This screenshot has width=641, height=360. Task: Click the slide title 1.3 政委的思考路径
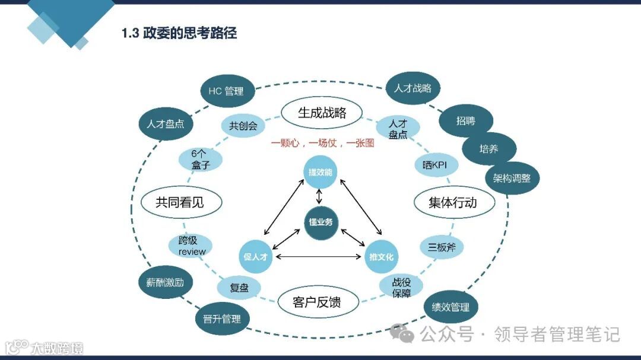[x=179, y=33]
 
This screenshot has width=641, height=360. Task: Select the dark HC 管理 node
[x=226, y=91]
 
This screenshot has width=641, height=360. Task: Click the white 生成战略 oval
[x=322, y=112]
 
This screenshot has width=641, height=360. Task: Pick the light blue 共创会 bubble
[x=243, y=126]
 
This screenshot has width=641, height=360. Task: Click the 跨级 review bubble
[x=192, y=246]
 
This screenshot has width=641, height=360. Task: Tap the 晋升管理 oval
[x=222, y=318]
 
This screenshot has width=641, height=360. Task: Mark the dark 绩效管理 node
[x=451, y=307]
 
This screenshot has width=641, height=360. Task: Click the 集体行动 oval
[x=453, y=202]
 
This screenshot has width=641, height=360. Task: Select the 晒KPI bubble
[x=434, y=165]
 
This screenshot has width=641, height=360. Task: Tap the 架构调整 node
[x=512, y=178]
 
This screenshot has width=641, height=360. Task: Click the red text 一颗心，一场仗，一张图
[x=322, y=143]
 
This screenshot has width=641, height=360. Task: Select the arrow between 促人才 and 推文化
[x=319, y=256]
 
